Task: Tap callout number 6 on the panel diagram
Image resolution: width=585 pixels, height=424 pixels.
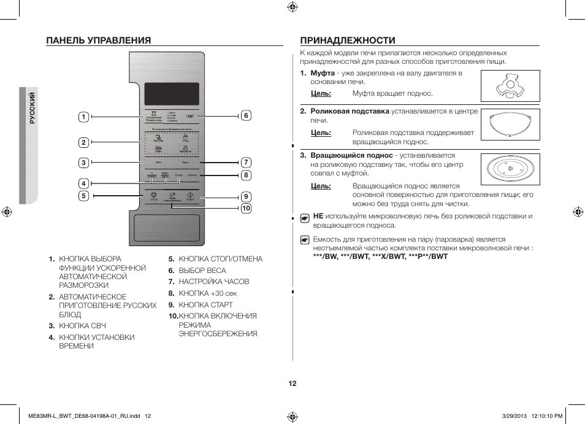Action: [245, 115]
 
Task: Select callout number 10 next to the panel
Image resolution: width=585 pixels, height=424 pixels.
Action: [245, 209]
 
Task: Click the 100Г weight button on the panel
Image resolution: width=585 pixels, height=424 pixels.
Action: [190, 115]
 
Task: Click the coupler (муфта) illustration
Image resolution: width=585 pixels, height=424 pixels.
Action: [510, 86]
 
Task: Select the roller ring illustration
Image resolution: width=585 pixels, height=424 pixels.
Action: [510, 126]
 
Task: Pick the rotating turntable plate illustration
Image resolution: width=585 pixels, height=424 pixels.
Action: [510, 170]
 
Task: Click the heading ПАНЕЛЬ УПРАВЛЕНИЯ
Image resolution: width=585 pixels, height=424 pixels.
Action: [99, 40]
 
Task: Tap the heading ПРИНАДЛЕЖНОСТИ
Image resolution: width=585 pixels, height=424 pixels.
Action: [347, 40]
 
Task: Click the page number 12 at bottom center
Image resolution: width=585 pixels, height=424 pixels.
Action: [292, 384]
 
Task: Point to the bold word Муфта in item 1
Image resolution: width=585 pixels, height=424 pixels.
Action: [322, 73]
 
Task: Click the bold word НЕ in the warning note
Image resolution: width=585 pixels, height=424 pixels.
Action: [318, 216]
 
